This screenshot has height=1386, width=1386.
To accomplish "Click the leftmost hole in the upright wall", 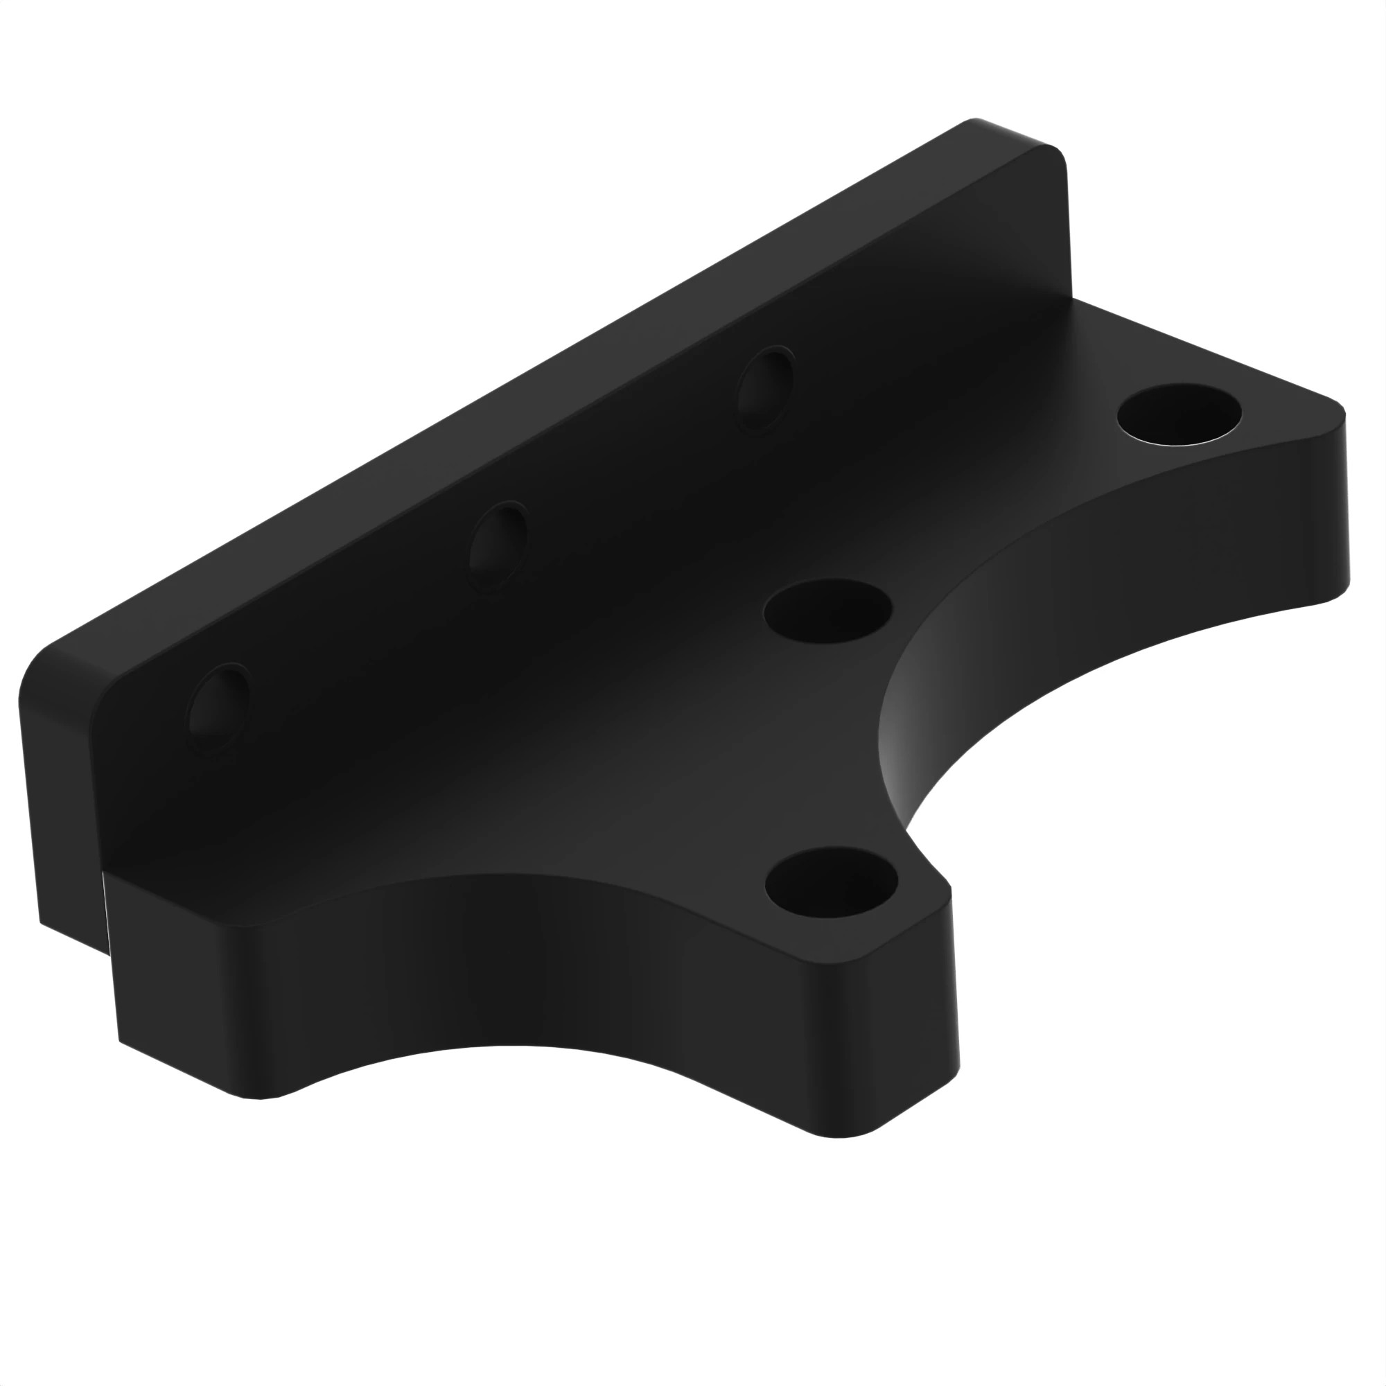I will tap(219, 707).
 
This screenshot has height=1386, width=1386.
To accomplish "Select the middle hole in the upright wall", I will tap(498, 547).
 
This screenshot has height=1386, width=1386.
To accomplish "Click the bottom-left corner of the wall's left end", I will tap(42, 921).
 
